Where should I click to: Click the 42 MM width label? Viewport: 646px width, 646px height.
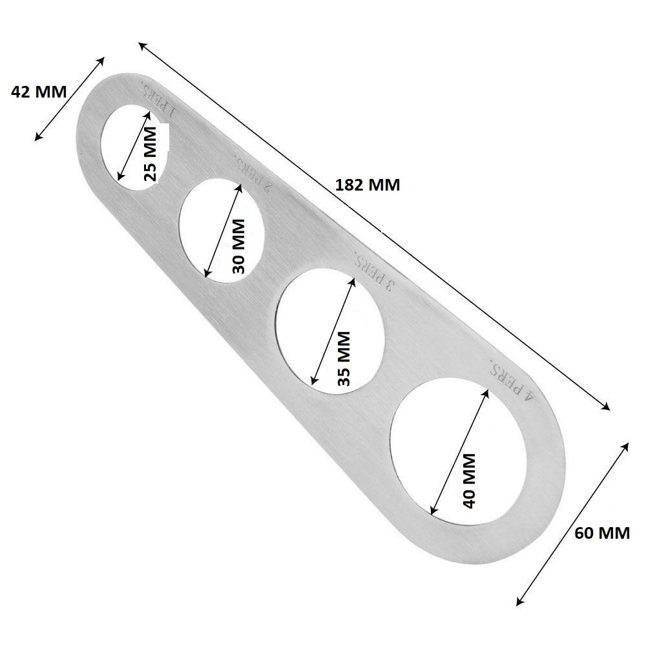coord(39,92)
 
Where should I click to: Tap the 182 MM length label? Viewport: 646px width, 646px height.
coord(368,185)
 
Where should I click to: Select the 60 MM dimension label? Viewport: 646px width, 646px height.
coord(601,533)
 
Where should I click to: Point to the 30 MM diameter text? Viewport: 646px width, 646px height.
coord(238,246)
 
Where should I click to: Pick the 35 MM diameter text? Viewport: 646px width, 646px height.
coord(344,358)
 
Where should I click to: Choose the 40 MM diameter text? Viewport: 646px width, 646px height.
coord(469,480)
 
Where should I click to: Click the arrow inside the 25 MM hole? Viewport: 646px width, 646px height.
coord(134,145)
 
